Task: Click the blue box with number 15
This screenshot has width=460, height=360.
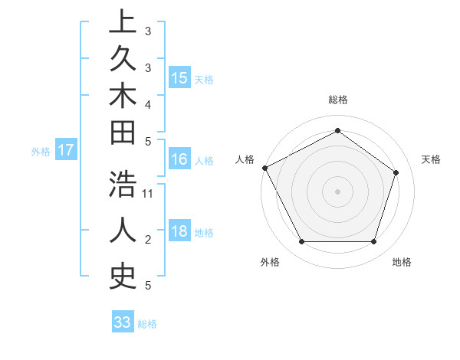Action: (179, 77)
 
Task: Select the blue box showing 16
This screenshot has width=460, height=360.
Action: (179, 159)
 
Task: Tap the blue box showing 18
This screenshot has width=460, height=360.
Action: (179, 232)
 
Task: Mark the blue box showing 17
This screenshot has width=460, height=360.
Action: (66, 150)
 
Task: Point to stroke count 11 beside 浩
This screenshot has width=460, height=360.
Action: (148, 193)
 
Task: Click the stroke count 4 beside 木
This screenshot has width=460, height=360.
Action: (148, 103)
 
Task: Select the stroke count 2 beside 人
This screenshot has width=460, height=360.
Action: (148, 240)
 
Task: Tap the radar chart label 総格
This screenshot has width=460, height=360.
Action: (337, 100)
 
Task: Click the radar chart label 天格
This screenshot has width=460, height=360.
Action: (431, 159)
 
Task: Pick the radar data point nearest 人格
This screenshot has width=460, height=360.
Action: (264, 168)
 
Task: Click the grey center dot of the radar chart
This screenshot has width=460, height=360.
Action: (337, 191)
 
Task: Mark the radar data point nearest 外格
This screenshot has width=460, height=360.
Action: (301, 242)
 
